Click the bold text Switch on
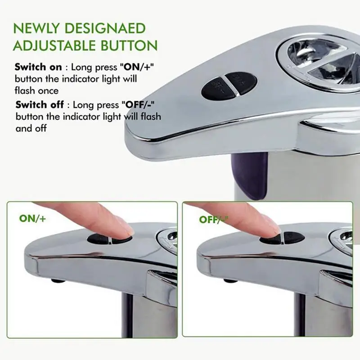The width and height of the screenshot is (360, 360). point(38,67)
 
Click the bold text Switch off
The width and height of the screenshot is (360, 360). point(39,105)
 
